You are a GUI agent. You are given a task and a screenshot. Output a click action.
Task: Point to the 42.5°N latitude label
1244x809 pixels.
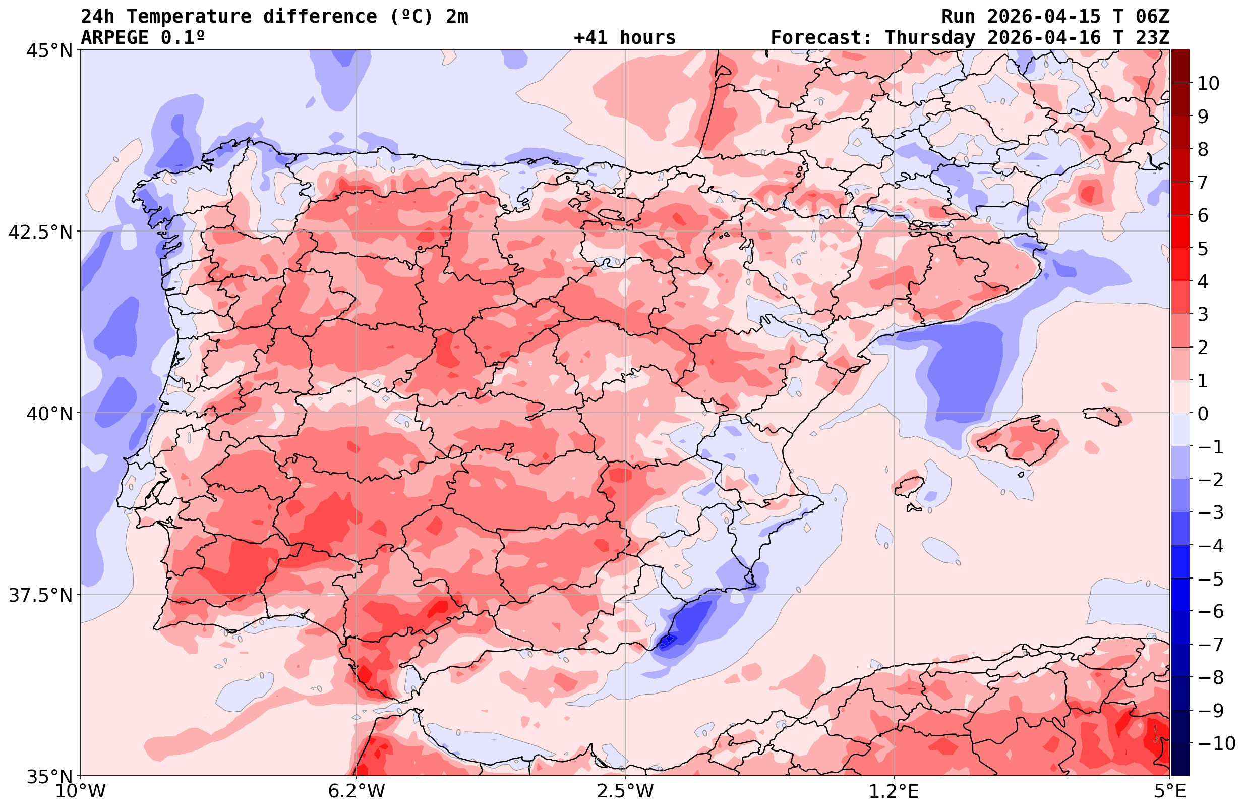[x=40, y=232]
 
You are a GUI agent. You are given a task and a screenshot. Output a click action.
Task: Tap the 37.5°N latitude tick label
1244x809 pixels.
[x=40, y=595]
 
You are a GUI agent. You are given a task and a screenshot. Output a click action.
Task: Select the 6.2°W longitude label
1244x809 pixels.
[x=357, y=791]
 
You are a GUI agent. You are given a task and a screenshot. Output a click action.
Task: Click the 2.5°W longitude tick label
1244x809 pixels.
[x=625, y=791]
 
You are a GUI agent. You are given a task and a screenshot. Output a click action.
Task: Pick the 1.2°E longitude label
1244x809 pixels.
[x=894, y=791]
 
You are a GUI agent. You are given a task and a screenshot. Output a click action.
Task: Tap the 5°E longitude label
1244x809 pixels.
[x=1170, y=791]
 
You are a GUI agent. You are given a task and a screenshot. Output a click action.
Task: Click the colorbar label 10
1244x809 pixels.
[x=1208, y=83]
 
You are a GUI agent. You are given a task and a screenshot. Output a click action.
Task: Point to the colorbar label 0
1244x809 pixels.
[x=1203, y=414]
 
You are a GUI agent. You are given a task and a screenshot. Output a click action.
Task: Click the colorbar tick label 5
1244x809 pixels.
[x=1203, y=249]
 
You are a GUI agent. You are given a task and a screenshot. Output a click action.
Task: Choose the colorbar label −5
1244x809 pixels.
[x=1210, y=579]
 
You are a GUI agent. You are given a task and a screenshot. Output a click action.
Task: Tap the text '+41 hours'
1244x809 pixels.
[x=625, y=38]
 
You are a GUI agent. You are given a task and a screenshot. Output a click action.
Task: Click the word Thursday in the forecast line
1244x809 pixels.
[x=930, y=38]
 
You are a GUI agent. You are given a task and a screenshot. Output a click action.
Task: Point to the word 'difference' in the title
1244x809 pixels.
[x=319, y=17]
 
